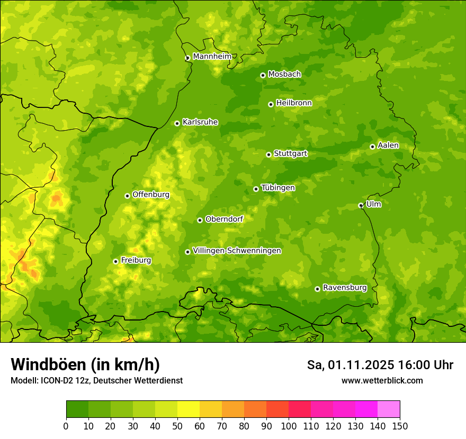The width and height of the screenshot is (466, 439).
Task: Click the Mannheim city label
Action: (x=212, y=57)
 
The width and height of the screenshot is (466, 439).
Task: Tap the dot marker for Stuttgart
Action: (x=268, y=154)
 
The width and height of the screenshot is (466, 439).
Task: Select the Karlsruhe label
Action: (x=200, y=122)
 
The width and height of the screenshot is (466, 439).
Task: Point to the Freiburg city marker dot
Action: (x=115, y=261)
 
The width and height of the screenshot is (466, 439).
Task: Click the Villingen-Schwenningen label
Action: (x=237, y=251)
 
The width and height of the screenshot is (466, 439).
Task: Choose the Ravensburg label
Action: (x=344, y=288)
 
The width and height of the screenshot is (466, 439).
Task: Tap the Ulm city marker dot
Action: (x=361, y=205)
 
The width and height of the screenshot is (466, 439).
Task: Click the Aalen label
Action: (x=388, y=145)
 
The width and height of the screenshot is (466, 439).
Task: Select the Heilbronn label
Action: (x=294, y=103)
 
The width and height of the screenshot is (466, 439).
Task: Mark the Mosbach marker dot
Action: (x=263, y=75)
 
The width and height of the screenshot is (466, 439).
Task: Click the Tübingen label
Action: (x=278, y=188)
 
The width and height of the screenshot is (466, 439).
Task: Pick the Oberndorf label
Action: (x=224, y=219)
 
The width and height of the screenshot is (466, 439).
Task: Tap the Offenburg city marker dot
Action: (x=127, y=196)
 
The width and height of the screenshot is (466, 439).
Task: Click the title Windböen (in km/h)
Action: (x=85, y=365)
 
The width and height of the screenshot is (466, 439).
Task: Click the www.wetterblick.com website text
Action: (x=382, y=380)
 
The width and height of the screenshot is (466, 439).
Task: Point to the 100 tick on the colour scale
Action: (x=289, y=426)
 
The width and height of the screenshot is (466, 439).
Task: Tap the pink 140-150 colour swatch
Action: (x=389, y=409)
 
